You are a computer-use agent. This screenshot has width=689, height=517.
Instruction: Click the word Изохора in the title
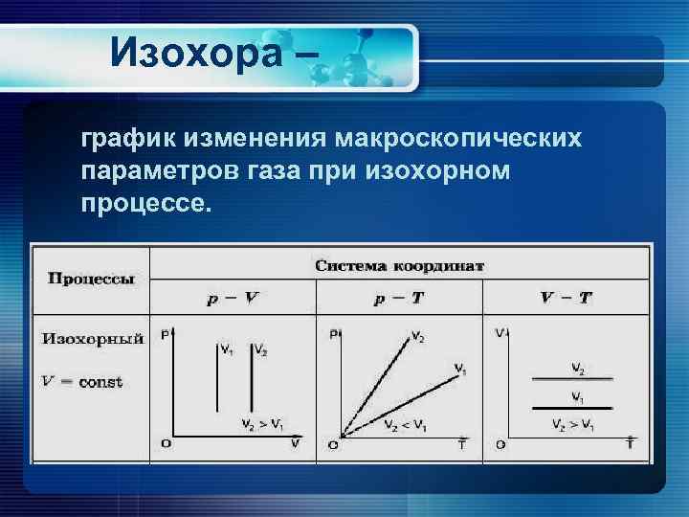pos(196,54)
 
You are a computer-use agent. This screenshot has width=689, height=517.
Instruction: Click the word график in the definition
pos(128,141)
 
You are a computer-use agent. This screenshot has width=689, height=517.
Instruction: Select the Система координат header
pos(400,265)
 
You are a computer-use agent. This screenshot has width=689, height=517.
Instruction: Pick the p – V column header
pos(233,298)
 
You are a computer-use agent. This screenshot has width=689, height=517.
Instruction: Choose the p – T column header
pos(400,298)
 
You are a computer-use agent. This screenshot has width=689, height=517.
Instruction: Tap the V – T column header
pos(566,298)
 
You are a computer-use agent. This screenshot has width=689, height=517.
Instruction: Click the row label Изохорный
pos(93,338)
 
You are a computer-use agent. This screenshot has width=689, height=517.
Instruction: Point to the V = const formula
pos(82,382)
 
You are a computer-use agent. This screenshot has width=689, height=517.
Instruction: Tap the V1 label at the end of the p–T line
pos(459,369)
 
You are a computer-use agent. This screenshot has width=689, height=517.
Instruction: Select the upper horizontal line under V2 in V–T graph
pos(572,380)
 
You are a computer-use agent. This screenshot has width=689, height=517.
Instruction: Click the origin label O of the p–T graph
pos(333,445)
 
